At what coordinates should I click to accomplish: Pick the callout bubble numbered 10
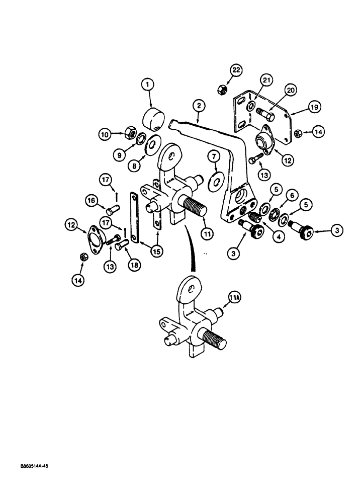104,134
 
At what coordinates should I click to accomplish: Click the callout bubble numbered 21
266,80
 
